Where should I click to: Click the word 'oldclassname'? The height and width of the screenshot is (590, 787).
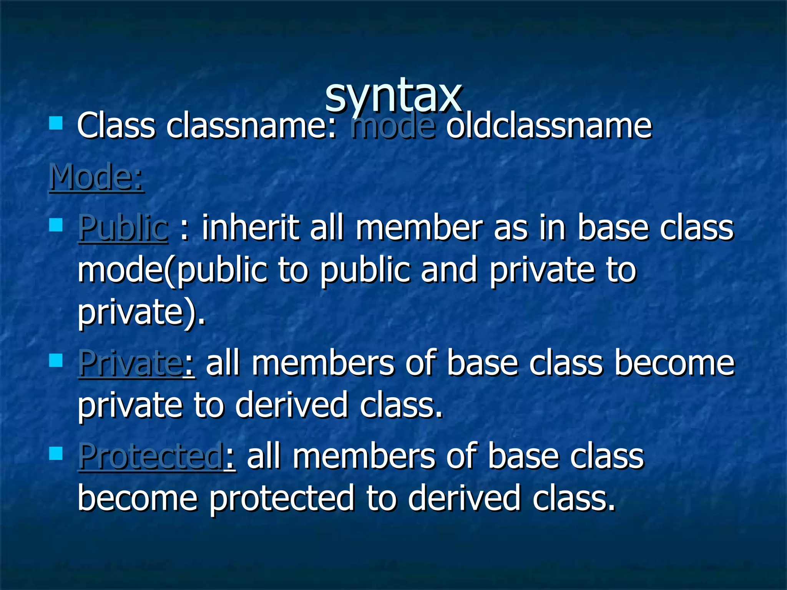click(549, 126)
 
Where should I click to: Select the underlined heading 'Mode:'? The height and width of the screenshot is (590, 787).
click(96, 177)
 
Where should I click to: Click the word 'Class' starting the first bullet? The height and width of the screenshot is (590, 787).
click(116, 126)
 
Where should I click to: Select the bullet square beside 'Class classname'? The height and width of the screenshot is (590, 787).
click(56, 124)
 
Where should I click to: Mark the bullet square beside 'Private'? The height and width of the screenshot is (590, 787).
click(56, 360)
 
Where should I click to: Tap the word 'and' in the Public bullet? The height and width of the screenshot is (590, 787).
click(449, 270)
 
